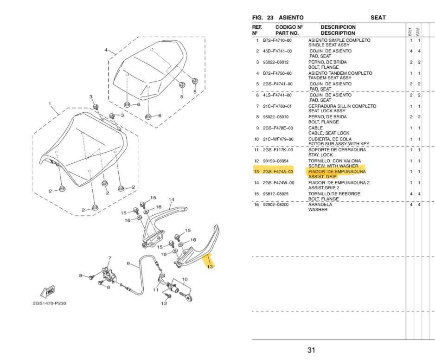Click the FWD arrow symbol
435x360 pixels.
point(48,292)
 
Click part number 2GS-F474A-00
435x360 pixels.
point(277,172)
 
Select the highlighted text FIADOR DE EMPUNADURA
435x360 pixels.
point(337,172)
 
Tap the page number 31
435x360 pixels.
point(311,350)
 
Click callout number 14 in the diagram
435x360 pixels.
point(171,200)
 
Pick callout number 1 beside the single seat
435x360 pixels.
point(50,104)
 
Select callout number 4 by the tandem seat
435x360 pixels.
point(106,50)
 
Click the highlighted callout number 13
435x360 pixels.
point(210,267)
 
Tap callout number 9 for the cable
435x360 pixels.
point(128,264)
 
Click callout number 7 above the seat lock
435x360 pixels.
point(110,257)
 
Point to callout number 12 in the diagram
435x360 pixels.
point(164,304)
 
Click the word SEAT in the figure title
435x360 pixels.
point(378,18)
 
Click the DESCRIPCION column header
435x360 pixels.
point(338,27)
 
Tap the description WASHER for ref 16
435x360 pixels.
point(318,210)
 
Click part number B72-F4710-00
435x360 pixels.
point(277,40)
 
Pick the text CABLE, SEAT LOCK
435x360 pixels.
point(329,133)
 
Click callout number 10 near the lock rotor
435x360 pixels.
point(185,280)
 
